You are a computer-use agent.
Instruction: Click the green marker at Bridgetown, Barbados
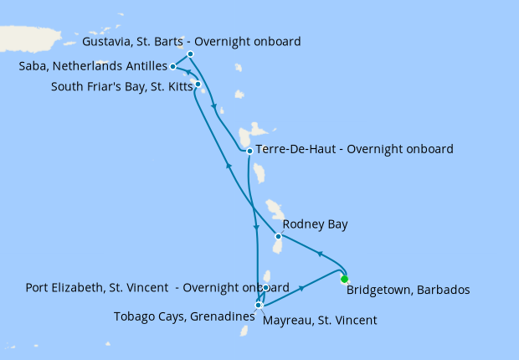(344, 280)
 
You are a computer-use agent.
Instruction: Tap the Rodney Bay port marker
(278, 236)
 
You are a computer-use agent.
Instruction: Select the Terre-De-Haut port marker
(249, 151)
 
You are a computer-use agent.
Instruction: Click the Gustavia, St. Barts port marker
(191, 54)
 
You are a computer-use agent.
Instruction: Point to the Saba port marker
(172, 66)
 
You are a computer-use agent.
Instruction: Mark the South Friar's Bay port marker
(198, 84)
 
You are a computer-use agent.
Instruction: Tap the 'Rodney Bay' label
(315, 224)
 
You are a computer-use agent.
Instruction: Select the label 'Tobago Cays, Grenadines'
(183, 316)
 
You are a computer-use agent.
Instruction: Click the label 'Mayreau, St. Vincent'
(320, 320)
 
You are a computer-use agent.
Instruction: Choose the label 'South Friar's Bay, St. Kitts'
(121, 85)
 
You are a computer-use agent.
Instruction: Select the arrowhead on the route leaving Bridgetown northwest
(318, 253)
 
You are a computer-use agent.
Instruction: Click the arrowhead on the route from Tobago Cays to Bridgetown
(301, 288)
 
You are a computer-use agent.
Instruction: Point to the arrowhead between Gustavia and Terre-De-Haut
(216, 107)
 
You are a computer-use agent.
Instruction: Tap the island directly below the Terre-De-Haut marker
(259, 174)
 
